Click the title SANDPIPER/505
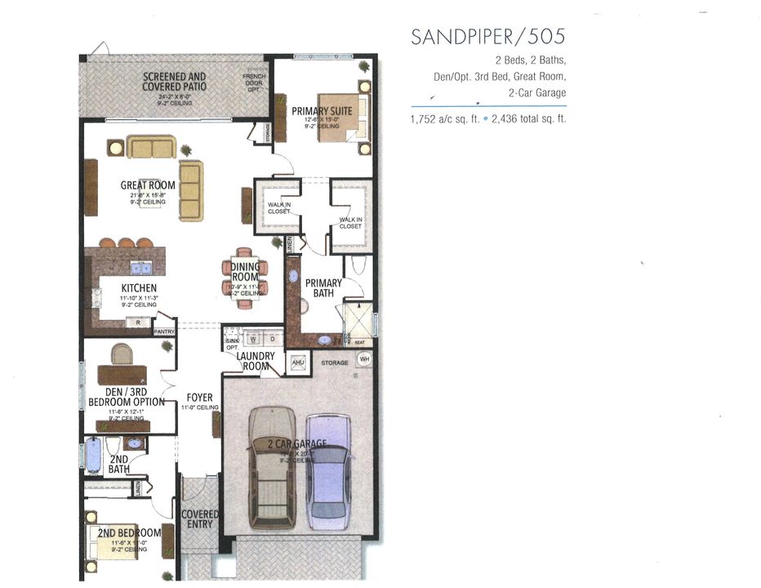tap(488, 37)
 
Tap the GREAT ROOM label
tap(148, 185)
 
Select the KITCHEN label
tap(139, 288)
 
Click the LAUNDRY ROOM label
tap(255, 361)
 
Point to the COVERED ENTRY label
tap(200, 519)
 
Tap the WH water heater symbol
tap(364, 359)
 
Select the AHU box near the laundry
tap(298, 362)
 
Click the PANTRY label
tap(164, 332)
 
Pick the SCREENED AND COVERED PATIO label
tap(174, 82)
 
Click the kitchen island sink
tap(140, 267)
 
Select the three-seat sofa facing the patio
tap(152, 147)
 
